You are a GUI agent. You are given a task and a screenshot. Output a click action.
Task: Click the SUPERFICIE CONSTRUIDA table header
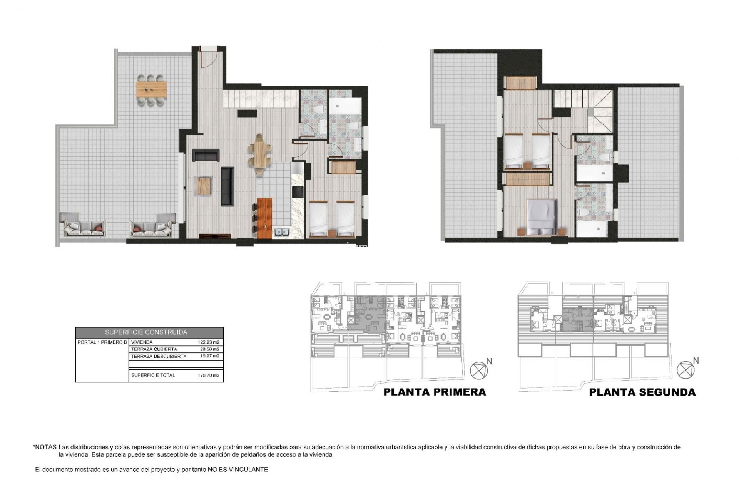point(149,332)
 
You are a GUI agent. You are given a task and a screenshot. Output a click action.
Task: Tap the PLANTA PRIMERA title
point(434,392)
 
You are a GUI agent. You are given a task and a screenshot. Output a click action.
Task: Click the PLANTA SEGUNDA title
point(642,392)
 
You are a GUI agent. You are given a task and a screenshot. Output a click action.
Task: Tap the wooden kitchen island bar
point(264,218)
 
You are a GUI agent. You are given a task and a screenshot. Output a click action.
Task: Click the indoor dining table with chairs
point(259,153)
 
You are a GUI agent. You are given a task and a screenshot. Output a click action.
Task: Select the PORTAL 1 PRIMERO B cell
point(102,342)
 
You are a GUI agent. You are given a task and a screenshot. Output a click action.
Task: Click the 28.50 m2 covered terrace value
point(210,349)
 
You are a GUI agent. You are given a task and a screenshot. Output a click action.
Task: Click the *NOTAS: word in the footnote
point(45,448)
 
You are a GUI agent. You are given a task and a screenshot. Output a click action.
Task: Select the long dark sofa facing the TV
point(227,186)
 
